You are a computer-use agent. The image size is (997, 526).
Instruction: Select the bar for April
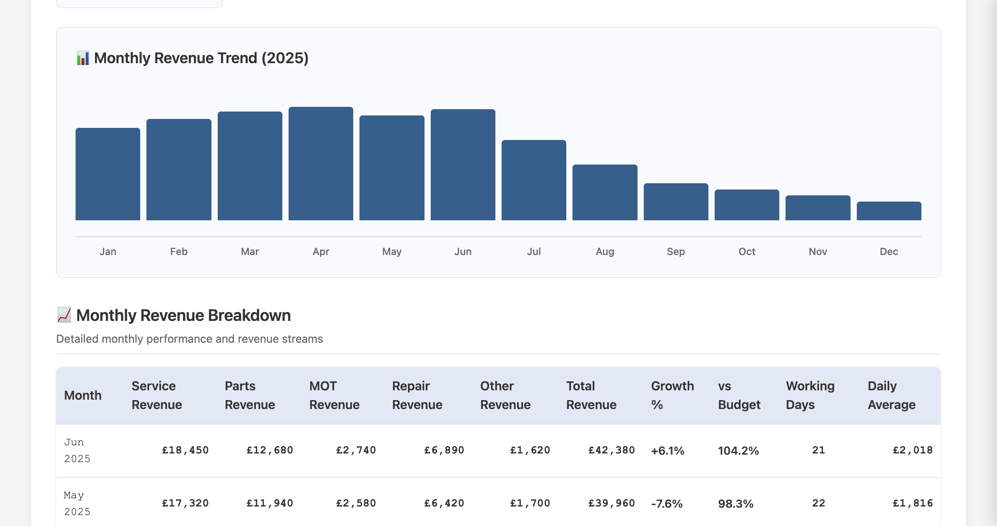click(x=321, y=164)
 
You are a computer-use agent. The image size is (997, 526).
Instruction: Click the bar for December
click(x=889, y=211)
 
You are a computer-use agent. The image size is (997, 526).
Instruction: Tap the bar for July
click(x=534, y=180)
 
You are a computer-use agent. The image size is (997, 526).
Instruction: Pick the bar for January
click(x=108, y=174)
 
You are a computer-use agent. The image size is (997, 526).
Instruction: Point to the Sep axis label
click(x=676, y=251)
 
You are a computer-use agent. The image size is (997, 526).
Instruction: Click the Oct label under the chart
click(x=747, y=251)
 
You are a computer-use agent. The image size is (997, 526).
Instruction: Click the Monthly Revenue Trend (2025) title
click(x=201, y=58)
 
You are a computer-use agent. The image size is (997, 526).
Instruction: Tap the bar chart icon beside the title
click(x=83, y=58)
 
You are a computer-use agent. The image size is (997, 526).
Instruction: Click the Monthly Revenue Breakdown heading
click(x=183, y=315)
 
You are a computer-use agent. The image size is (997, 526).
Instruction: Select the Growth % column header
click(x=672, y=395)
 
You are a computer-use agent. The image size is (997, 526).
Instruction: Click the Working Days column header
click(x=810, y=395)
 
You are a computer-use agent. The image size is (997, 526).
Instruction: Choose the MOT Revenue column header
click(x=334, y=395)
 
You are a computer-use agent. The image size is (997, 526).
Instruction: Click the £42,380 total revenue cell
click(x=611, y=450)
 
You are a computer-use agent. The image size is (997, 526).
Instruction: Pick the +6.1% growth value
click(x=668, y=451)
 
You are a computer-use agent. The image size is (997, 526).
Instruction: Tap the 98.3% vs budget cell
click(x=736, y=504)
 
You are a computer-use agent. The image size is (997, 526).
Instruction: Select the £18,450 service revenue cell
click(x=185, y=450)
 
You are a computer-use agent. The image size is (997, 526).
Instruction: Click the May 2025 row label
click(x=77, y=503)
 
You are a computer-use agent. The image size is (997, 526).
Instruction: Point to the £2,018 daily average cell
click(x=912, y=450)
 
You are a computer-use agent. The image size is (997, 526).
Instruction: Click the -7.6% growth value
click(x=667, y=504)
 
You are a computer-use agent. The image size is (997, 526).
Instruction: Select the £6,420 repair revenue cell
click(x=444, y=503)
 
